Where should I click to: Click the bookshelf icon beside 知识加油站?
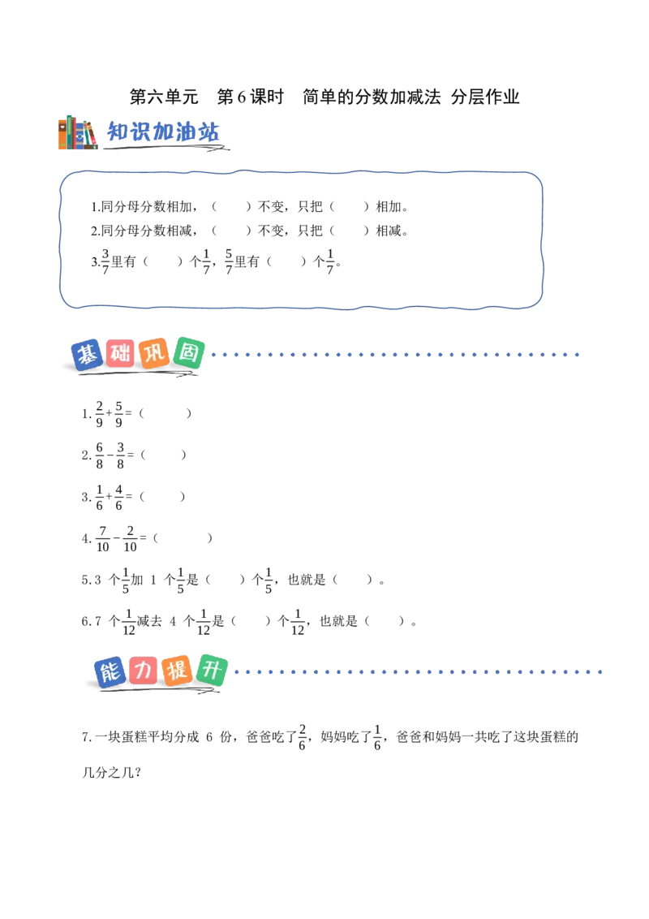(x=77, y=132)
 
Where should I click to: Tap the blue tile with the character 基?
(x=88, y=355)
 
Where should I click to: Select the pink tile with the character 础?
(x=121, y=353)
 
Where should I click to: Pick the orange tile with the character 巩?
(x=154, y=353)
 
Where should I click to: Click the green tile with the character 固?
(x=188, y=353)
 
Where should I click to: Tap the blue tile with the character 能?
(x=110, y=671)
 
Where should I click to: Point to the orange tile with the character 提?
(x=177, y=670)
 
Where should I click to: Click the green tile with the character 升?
(x=212, y=670)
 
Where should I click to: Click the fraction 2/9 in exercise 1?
(x=100, y=414)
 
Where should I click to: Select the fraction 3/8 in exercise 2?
(x=120, y=455)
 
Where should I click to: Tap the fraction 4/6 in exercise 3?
(x=119, y=497)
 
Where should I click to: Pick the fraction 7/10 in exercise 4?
(x=102, y=538)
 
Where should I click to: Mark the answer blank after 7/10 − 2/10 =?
(x=183, y=538)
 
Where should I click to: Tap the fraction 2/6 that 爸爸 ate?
(x=303, y=737)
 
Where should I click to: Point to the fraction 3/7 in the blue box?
(x=105, y=261)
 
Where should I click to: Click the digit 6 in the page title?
(x=241, y=97)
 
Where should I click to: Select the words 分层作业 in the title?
(x=486, y=97)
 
